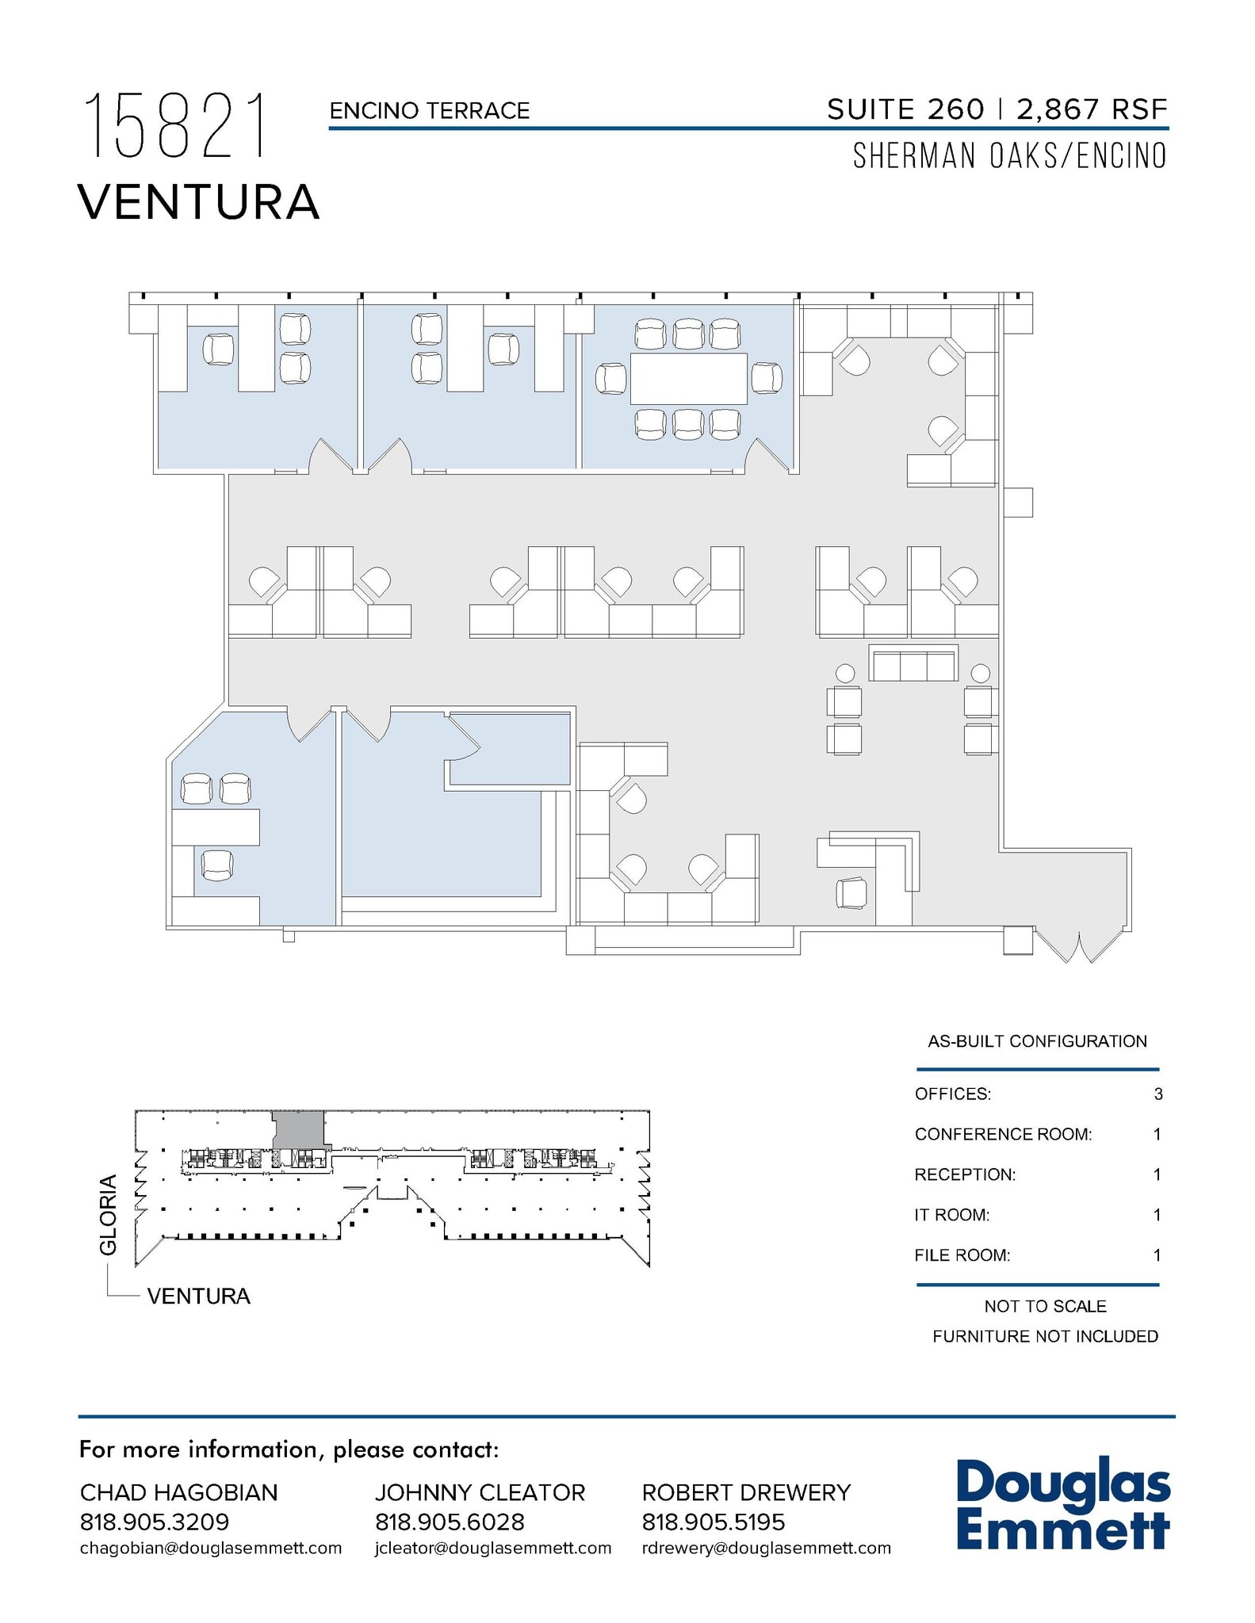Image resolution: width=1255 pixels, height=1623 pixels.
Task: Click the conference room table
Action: click(688, 379)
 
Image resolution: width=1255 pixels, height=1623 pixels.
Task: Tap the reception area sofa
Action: click(913, 663)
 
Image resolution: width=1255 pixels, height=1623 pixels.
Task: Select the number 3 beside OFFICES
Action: click(1157, 1094)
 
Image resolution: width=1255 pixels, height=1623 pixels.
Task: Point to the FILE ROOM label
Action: click(962, 1255)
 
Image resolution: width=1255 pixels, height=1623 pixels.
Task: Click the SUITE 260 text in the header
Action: click(905, 109)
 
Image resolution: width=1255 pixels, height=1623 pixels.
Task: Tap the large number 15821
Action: click(175, 126)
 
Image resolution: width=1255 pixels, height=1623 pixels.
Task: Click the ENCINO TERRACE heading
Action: click(429, 111)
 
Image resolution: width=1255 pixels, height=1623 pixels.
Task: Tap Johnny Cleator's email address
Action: click(492, 1548)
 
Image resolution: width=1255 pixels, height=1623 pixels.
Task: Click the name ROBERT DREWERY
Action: click(745, 1492)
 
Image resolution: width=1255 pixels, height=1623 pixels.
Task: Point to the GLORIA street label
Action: click(109, 1214)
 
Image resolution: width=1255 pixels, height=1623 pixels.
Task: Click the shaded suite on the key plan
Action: click(298, 1128)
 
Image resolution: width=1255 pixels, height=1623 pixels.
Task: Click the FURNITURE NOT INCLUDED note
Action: click(1044, 1336)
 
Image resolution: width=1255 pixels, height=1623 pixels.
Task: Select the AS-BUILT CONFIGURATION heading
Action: click(1037, 1041)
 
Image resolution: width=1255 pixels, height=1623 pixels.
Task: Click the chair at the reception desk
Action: click(851, 893)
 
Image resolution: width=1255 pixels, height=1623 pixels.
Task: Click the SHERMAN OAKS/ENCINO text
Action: click(1009, 156)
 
